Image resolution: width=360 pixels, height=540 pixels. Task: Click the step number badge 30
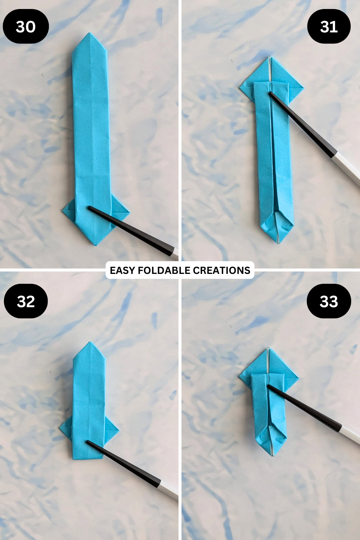click(25, 27)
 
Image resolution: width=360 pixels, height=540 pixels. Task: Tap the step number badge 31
click(329, 27)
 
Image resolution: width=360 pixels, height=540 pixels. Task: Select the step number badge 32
click(25, 301)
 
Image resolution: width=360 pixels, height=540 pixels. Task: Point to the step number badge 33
click(329, 301)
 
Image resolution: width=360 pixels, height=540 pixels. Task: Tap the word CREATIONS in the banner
click(221, 270)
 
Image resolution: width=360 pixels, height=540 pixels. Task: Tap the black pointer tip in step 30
click(90, 208)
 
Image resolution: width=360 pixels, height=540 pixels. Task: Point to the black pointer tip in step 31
click(270, 94)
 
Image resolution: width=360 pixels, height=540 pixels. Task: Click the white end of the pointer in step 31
click(348, 168)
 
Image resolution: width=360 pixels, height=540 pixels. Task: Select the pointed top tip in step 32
click(89, 343)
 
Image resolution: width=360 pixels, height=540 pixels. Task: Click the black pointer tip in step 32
click(88, 442)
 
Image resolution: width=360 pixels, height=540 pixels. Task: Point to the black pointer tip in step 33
click(268, 386)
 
